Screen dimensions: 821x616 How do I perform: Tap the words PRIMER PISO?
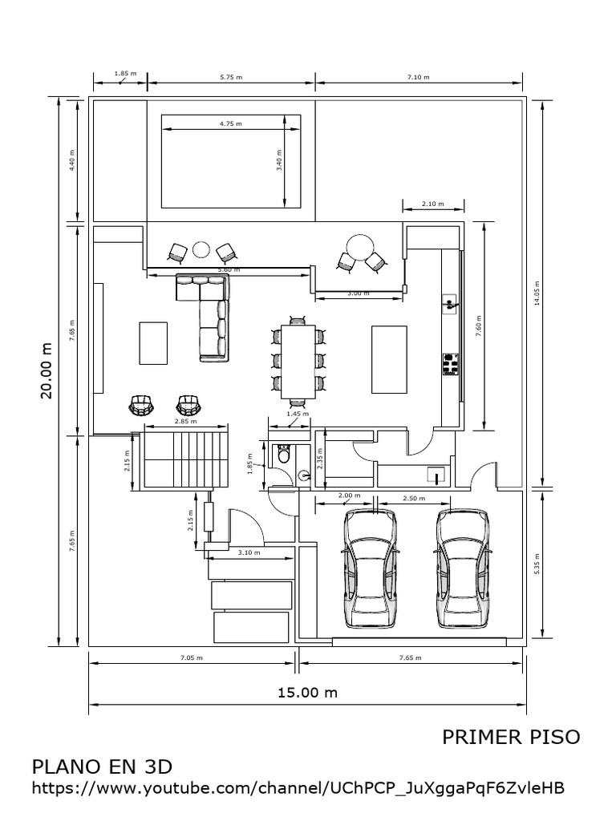pyautogui.click(x=511, y=737)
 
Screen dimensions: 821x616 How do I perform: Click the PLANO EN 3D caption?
pyautogui.click(x=102, y=766)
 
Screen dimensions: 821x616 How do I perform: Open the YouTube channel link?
pyautogui.click(x=298, y=788)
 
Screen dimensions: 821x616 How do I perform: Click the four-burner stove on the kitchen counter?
pyautogui.click(x=450, y=364)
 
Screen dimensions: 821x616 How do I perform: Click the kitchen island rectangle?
pyautogui.click(x=390, y=358)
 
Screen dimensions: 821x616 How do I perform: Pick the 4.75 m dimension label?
pyautogui.click(x=230, y=124)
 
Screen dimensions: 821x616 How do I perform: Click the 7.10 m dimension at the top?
pyautogui.click(x=418, y=77)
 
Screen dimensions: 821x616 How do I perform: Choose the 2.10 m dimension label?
pyautogui.click(x=432, y=204)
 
